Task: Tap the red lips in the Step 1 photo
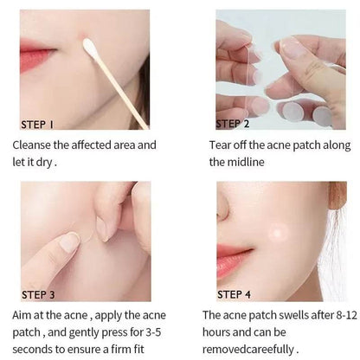[x=35, y=56]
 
